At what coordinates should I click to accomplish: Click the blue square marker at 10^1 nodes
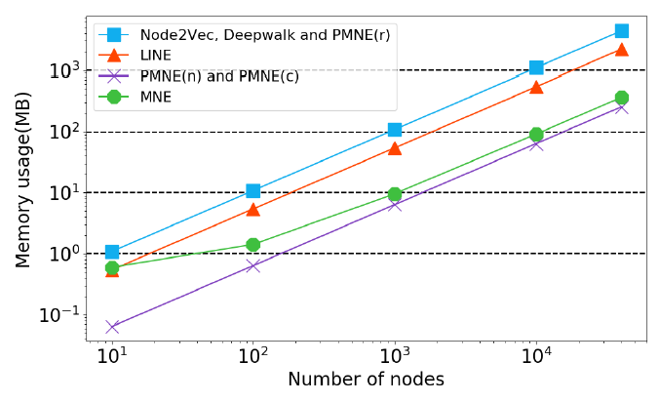(112, 252)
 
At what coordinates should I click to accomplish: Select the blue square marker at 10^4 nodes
(536, 67)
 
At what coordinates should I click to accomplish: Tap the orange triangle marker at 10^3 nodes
(395, 148)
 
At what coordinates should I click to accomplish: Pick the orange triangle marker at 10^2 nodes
(253, 209)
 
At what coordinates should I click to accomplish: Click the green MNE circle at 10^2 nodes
(253, 245)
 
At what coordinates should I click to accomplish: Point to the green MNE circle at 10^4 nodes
(536, 135)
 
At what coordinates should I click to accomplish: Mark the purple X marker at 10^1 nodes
(112, 327)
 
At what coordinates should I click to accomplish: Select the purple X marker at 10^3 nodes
(395, 205)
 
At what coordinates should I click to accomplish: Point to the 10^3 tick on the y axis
(79, 70)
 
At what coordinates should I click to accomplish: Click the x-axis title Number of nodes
(366, 381)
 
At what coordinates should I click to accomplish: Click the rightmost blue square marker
(622, 31)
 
